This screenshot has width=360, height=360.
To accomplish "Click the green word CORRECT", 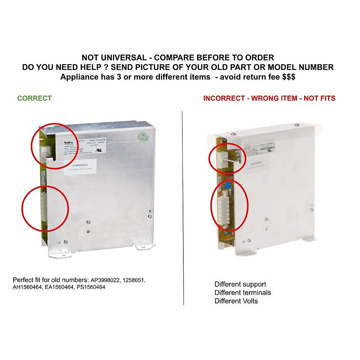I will (x=34, y=98).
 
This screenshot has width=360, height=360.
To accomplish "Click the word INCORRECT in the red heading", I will (x=224, y=98).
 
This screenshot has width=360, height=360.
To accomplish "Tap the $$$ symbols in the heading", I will (x=289, y=77).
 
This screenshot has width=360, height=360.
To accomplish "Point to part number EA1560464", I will (x=59, y=287).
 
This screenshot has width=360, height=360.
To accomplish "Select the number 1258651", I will (x=134, y=280).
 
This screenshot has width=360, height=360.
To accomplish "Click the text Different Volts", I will (x=236, y=301).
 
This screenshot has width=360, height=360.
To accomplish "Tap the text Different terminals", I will (x=243, y=292).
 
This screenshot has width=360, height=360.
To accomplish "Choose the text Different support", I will (x=240, y=284).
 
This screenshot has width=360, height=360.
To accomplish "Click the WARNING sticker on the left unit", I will (x=80, y=166).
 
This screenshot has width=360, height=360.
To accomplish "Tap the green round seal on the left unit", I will (x=143, y=137).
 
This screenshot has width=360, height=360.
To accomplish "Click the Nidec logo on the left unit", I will (x=69, y=142).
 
